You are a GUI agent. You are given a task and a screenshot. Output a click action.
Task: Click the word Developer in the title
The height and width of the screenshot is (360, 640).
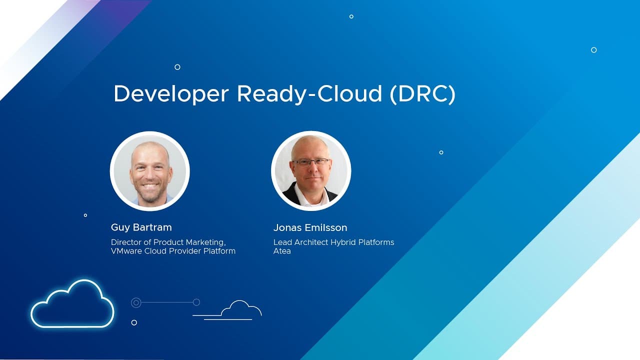(171, 94)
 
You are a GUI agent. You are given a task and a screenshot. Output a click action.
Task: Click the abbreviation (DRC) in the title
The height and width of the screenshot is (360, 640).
(422, 94)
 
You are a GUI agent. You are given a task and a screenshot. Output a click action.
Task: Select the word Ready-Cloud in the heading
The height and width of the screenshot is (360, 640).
(309, 94)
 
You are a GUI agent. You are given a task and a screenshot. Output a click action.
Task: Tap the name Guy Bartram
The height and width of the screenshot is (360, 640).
(141, 227)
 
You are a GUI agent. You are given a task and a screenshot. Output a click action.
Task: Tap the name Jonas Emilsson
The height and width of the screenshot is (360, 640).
(310, 227)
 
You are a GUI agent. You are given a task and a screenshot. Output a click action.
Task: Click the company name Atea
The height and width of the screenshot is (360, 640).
(282, 251)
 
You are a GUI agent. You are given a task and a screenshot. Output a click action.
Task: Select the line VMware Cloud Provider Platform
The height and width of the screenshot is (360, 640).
(173, 251)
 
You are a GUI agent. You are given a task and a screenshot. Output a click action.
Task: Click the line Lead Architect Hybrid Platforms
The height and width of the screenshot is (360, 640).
(333, 242)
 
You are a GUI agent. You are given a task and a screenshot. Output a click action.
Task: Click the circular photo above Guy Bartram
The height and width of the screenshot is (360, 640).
(149, 171)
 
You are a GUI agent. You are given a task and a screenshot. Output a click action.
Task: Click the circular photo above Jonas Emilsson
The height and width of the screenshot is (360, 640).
(311, 171)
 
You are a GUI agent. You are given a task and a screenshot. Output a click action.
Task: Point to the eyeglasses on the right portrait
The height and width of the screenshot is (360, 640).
(311, 162)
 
